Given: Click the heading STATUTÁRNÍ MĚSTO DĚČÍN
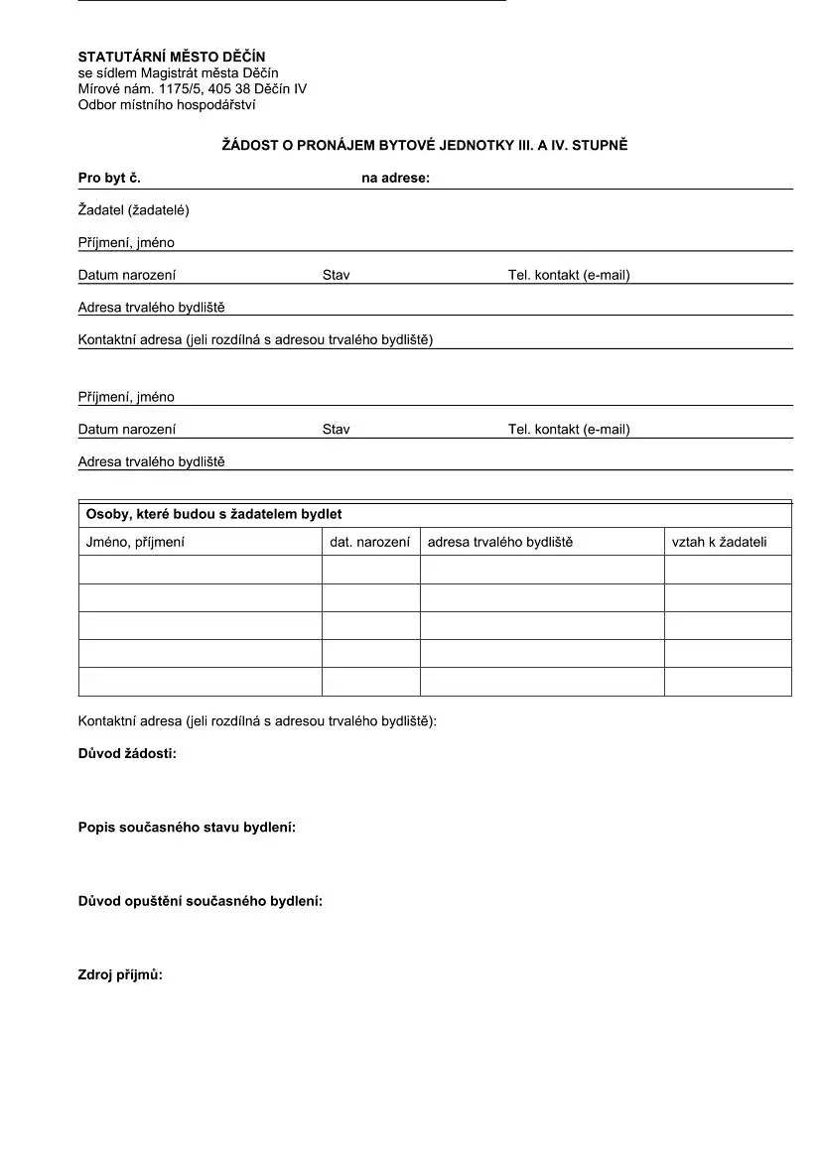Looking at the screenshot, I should [x=172, y=58].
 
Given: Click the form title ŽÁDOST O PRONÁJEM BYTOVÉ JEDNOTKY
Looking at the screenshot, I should [x=424, y=146].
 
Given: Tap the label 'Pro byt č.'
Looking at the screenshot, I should [x=109, y=179].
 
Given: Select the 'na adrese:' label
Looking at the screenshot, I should [x=395, y=179].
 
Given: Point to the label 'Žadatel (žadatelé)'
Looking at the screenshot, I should [x=134, y=210].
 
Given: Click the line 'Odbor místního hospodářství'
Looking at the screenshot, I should [x=167, y=104].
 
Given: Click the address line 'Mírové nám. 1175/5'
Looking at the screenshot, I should [x=193, y=88].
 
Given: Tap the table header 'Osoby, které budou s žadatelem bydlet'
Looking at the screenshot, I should [x=214, y=515].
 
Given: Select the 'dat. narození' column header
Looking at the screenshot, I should [x=369, y=542].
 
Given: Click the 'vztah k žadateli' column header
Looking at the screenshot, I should [x=719, y=542].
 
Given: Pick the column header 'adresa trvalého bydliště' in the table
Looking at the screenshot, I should [x=500, y=542].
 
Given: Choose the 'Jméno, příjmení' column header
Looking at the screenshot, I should [x=135, y=542].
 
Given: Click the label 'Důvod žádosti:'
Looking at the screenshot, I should [x=127, y=754].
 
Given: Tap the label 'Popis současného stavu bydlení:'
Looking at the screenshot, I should [x=187, y=828].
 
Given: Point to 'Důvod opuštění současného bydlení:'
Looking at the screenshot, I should [x=201, y=901].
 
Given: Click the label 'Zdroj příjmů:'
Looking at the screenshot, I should [x=120, y=975].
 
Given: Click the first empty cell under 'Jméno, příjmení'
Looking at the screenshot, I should [x=200, y=570].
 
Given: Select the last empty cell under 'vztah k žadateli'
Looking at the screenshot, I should [x=728, y=682].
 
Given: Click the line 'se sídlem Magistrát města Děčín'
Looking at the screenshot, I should [x=179, y=73].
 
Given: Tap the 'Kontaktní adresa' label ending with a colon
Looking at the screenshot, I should [x=257, y=721].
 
